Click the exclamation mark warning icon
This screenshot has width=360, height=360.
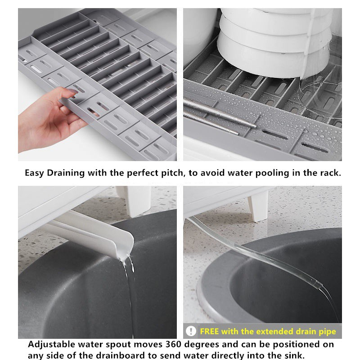[191, 331]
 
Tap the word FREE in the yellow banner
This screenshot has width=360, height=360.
[209, 332]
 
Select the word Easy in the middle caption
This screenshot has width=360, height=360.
[35, 173]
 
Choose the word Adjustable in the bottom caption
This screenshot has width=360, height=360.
[52, 345]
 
